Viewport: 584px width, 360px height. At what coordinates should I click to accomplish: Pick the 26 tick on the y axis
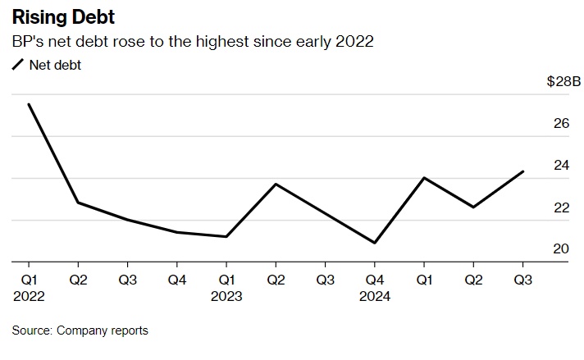click(x=561, y=124)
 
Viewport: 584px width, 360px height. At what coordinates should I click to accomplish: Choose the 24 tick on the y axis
click(x=561, y=166)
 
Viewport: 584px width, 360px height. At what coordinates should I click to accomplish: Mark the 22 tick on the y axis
click(x=561, y=207)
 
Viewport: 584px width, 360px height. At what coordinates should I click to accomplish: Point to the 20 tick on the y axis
click(x=561, y=249)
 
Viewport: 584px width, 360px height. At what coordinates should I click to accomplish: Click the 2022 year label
click(x=29, y=296)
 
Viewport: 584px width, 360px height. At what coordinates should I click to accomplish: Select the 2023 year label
click(x=226, y=296)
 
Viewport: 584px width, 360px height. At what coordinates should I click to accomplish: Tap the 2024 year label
click(x=374, y=296)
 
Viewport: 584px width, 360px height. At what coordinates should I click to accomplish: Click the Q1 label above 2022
click(x=29, y=280)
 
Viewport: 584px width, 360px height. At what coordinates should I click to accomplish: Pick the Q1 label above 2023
click(x=226, y=280)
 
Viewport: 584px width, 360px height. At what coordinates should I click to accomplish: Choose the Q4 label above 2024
click(x=374, y=280)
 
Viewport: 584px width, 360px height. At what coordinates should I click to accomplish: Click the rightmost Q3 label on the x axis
click(x=522, y=280)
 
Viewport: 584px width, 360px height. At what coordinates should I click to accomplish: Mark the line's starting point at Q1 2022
click(x=29, y=104)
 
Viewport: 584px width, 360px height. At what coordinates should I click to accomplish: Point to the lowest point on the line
click(x=374, y=243)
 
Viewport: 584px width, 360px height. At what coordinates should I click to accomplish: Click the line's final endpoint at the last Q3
click(x=522, y=171)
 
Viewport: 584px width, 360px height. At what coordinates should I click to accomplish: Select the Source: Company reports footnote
click(x=80, y=330)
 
